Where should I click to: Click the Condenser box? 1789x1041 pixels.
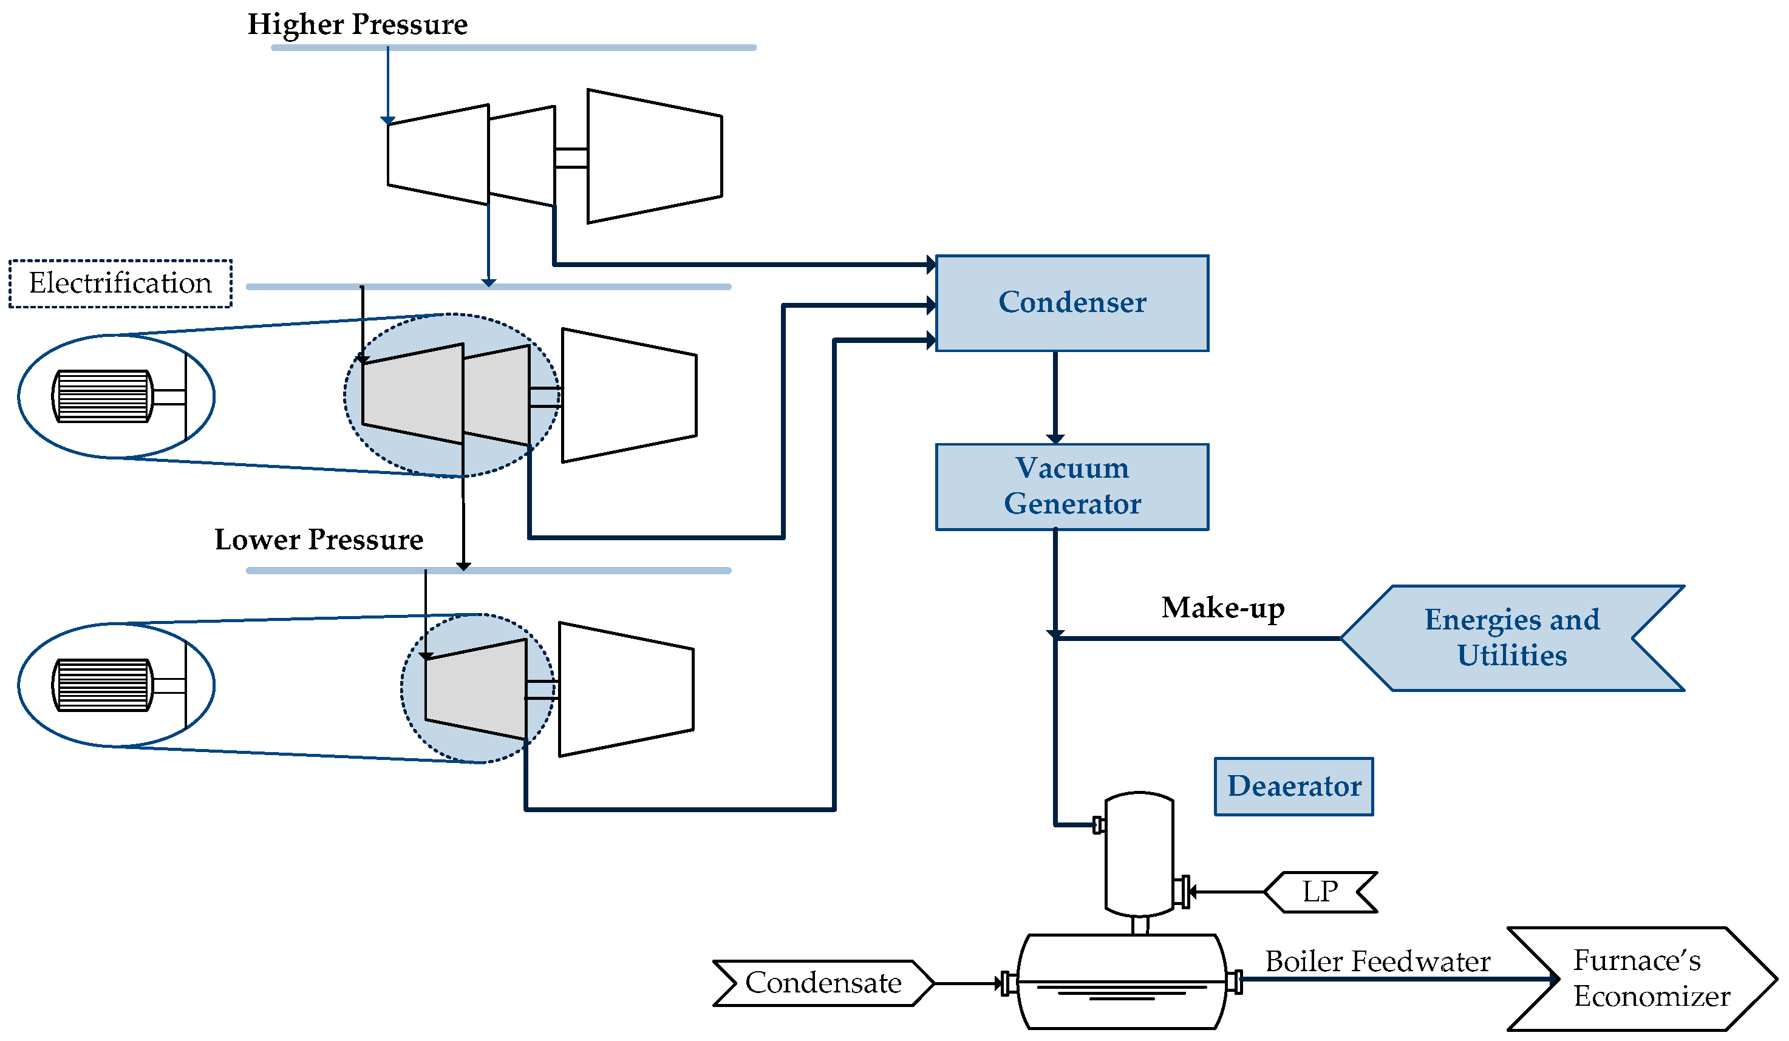coord(1072,303)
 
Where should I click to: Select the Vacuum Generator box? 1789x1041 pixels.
coord(1072,487)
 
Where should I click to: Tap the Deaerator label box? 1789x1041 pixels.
coord(1293,786)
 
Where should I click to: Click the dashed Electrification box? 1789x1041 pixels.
coord(120,283)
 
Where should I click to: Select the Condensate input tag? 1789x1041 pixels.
coord(823,983)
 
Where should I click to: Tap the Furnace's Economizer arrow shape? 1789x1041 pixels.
coord(1647,978)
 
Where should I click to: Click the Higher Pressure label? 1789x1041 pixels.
coord(357,25)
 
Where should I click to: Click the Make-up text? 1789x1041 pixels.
coord(1222,608)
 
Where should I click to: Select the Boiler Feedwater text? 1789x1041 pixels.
coord(1377,961)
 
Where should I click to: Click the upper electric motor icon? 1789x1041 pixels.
coord(103,396)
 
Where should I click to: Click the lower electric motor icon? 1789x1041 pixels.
coord(103,685)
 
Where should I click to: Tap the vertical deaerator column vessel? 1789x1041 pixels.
coord(1139,855)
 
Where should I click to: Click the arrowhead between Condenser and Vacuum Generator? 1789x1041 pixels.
coord(1055,438)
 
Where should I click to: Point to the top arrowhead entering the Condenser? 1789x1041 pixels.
coord(931,265)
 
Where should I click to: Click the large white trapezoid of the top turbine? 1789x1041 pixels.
coord(654,156)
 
